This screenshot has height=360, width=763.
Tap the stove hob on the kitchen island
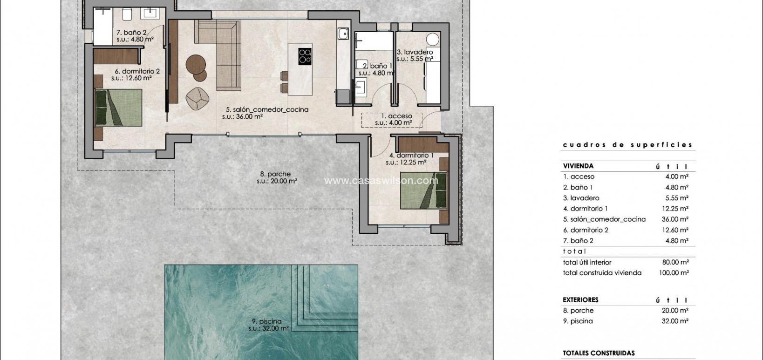pyautogui.click(x=305, y=56)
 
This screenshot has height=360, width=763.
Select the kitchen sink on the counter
pyautogui.click(x=343, y=34)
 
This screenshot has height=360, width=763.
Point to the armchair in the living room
pyautogui.click(x=197, y=98)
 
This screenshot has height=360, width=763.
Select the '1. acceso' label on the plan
pyautogui.click(x=396, y=116)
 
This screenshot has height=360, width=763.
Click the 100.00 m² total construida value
pyautogui.click(x=674, y=273)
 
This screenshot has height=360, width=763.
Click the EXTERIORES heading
pyautogui.click(x=580, y=300)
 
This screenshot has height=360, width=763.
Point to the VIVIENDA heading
pyautogui.click(x=578, y=166)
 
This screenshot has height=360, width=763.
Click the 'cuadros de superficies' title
pyautogui.click(x=627, y=145)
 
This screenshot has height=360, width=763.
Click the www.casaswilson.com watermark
pyautogui.click(x=381, y=180)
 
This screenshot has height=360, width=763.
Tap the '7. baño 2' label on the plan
pyautogui.click(x=132, y=33)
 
